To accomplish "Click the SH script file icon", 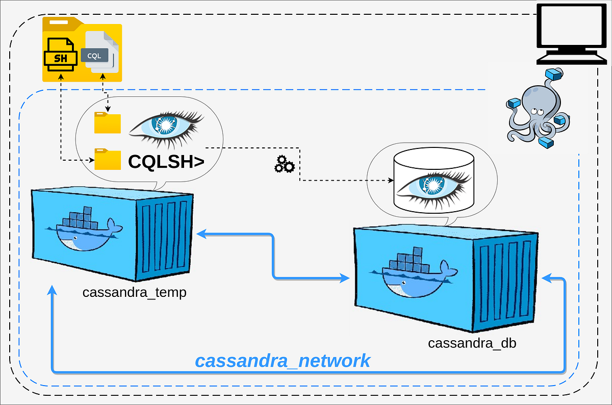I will pos(60,55).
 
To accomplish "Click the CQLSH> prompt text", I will pos(166,161).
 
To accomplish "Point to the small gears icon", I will pos(284,164).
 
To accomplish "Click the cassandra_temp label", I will pos(134,293).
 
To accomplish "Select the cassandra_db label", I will pos(472,343).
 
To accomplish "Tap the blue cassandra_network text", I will pos(283,361).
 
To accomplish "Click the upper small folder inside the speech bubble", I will pos(108,123).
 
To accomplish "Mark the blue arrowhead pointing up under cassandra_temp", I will pos(52,290).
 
